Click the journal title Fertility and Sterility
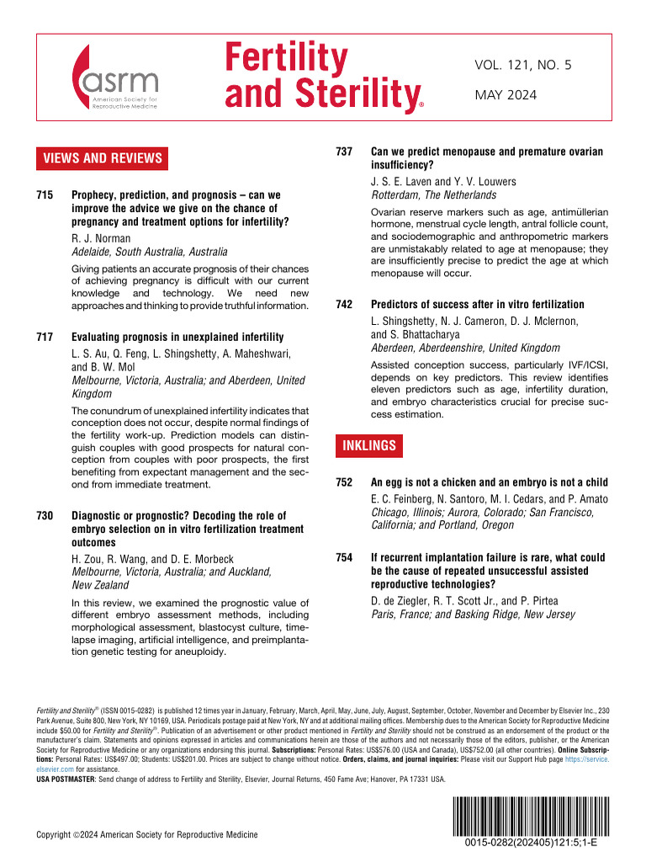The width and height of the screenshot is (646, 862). [320, 77]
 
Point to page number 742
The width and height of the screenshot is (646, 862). [343, 304]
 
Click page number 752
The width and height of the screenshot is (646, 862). [343, 482]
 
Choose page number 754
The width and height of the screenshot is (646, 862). [343, 557]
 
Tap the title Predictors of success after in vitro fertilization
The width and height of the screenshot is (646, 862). [477, 304]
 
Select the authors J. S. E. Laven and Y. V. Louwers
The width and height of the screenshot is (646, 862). [444, 182]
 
